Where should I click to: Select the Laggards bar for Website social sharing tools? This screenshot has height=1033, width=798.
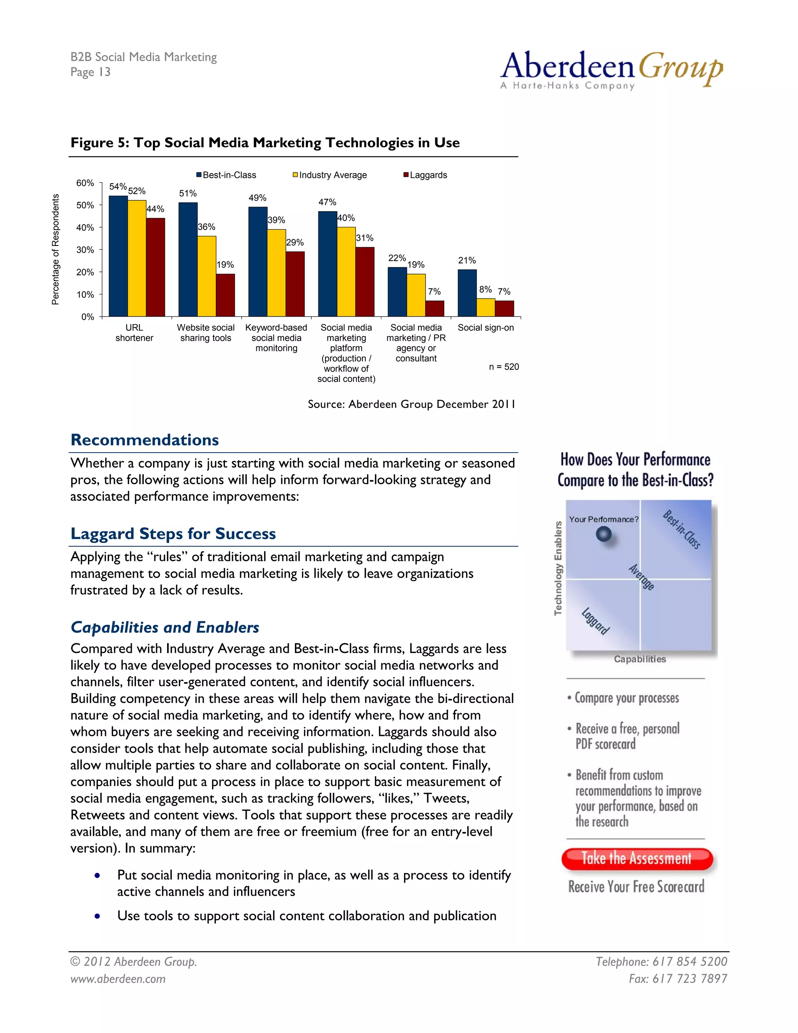pyautogui.click(x=225, y=295)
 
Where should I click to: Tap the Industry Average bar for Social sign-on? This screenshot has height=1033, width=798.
pyautogui.click(x=486, y=308)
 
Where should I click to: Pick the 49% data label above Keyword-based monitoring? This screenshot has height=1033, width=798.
pyautogui.click(x=258, y=198)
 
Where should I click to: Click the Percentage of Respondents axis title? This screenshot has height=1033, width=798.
pyautogui.click(x=56, y=249)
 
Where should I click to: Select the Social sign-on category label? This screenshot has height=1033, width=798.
pyautogui.click(x=486, y=327)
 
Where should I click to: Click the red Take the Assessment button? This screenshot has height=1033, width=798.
pyautogui.click(x=636, y=858)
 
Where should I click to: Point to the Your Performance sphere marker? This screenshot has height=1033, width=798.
pyautogui.click(x=604, y=534)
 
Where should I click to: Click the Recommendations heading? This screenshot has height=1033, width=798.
pyautogui.click(x=145, y=440)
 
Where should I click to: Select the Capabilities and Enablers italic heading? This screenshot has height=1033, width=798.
pyautogui.click(x=164, y=627)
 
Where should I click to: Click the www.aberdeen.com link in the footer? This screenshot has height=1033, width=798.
pyautogui.click(x=118, y=978)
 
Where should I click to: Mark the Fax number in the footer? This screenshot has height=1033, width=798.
pyautogui.click(x=678, y=978)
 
